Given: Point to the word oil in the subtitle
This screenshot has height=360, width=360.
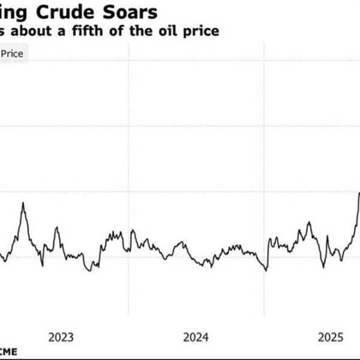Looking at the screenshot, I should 169,31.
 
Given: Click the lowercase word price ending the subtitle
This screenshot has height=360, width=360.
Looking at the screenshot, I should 200,31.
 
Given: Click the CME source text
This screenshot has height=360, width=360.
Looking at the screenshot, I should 8,351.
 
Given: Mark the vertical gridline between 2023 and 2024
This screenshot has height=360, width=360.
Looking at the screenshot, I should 128,180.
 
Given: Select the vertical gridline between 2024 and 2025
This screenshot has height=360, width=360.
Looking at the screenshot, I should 264,180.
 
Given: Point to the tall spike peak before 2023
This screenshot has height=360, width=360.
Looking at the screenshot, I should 23,203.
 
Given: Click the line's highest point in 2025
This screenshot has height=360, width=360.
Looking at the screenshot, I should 359,193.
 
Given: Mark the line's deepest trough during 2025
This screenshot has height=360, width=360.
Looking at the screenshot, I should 323,267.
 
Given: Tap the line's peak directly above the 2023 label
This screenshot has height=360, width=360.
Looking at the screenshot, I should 56,227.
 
